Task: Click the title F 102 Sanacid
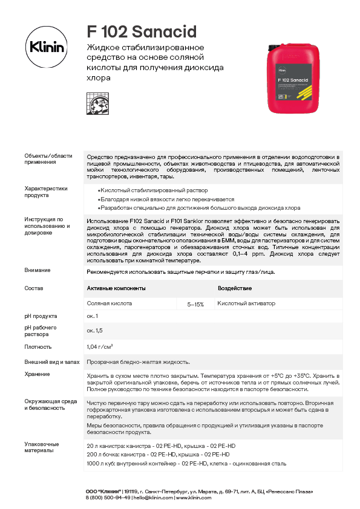134,31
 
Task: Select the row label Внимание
38,270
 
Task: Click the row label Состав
34,288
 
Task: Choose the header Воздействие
235,288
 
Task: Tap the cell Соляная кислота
110,303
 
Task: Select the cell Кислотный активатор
246,303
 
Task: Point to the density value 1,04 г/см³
100,346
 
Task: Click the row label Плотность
38,347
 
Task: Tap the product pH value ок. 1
93,316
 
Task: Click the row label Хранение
38,374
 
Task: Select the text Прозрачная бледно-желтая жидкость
139,361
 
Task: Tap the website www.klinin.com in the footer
194,498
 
